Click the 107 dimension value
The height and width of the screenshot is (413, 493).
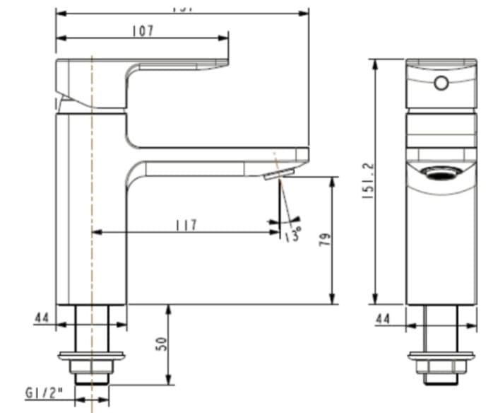[x=143, y=30]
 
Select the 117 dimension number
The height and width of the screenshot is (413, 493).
[x=186, y=225]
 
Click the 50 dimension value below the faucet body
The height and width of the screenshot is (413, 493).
[x=162, y=344]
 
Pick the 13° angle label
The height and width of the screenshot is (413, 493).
[x=292, y=233]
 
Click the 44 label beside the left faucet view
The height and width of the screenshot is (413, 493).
[x=42, y=318]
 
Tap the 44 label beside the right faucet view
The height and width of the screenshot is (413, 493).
[x=383, y=318]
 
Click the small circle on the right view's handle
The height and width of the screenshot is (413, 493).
[x=441, y=83]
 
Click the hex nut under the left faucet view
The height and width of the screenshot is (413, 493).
[x=92, y=366]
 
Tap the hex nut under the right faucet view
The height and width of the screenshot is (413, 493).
[x=441, y=366]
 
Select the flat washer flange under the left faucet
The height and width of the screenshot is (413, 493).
[x=92, y=355]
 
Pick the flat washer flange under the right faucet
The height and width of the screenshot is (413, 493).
[x=441, y=355]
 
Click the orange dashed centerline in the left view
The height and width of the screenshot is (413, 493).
[x=92, y=212]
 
